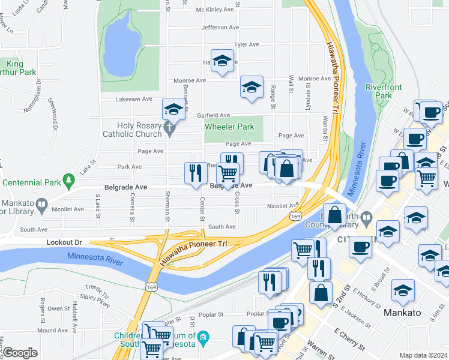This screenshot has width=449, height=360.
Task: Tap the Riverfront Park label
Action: [384, 91]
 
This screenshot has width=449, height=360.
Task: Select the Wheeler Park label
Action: [229, 127]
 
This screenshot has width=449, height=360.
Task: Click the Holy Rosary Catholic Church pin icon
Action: [170, 127]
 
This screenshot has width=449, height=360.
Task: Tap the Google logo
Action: [20, 353]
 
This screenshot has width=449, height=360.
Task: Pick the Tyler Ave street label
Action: [246, 44]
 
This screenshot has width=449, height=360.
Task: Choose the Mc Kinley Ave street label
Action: [214, 10]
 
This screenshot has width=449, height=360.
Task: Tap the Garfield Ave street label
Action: [214, 115]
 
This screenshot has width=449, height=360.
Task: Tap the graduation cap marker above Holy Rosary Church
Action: [173, 109]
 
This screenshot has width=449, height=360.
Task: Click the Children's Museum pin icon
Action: [203, 337]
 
